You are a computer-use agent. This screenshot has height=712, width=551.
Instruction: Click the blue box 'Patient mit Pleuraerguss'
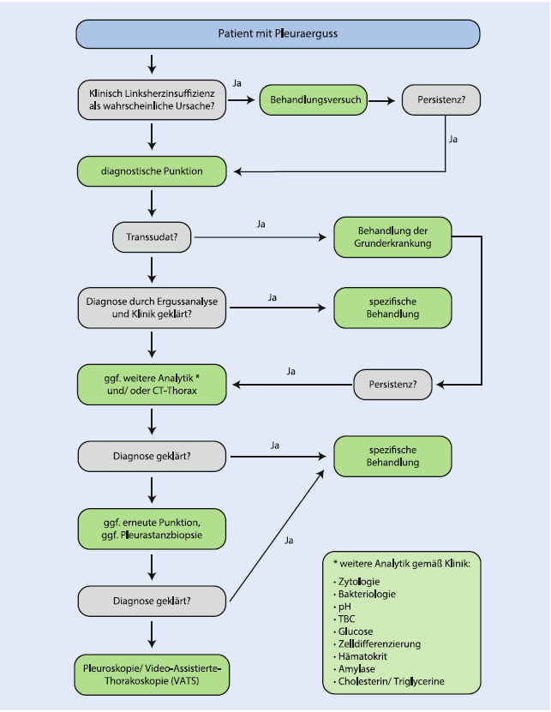(278, 34)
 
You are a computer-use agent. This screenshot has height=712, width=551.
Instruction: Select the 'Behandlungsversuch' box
(314, 100)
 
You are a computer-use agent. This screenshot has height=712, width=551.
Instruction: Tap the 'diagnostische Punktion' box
(152, 171)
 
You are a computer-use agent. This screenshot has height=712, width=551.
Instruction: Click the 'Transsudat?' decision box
(152, 237)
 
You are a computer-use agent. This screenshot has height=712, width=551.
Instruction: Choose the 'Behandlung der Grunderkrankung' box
(393, 237)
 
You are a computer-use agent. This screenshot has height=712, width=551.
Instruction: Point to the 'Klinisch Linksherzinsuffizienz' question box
(152, 100)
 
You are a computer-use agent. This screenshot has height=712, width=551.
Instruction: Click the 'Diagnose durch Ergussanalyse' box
(152, 308)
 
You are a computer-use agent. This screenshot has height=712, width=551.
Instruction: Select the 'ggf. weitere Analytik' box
(152, 385)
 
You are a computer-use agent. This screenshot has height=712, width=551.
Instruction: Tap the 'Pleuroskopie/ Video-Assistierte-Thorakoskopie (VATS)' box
(152, 675)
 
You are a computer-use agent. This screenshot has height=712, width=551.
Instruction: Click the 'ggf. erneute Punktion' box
(152, 529)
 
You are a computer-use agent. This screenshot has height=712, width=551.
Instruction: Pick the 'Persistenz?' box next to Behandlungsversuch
(441, 100)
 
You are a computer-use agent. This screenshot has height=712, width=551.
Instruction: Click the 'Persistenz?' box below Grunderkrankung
(392, 385)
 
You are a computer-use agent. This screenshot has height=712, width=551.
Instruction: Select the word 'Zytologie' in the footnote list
(359, 582)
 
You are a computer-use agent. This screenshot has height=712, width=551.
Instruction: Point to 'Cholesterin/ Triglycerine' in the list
(391, 681)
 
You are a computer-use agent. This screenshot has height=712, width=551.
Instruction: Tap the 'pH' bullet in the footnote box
(344, 607)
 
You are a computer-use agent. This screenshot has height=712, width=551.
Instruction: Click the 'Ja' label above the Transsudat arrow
(261, 224)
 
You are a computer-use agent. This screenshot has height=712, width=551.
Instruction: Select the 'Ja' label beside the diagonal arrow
(289, 541)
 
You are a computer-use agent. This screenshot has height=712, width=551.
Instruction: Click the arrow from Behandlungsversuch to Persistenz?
(381, 100)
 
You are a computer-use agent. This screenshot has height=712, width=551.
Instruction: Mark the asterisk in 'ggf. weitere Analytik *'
(197, 377)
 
